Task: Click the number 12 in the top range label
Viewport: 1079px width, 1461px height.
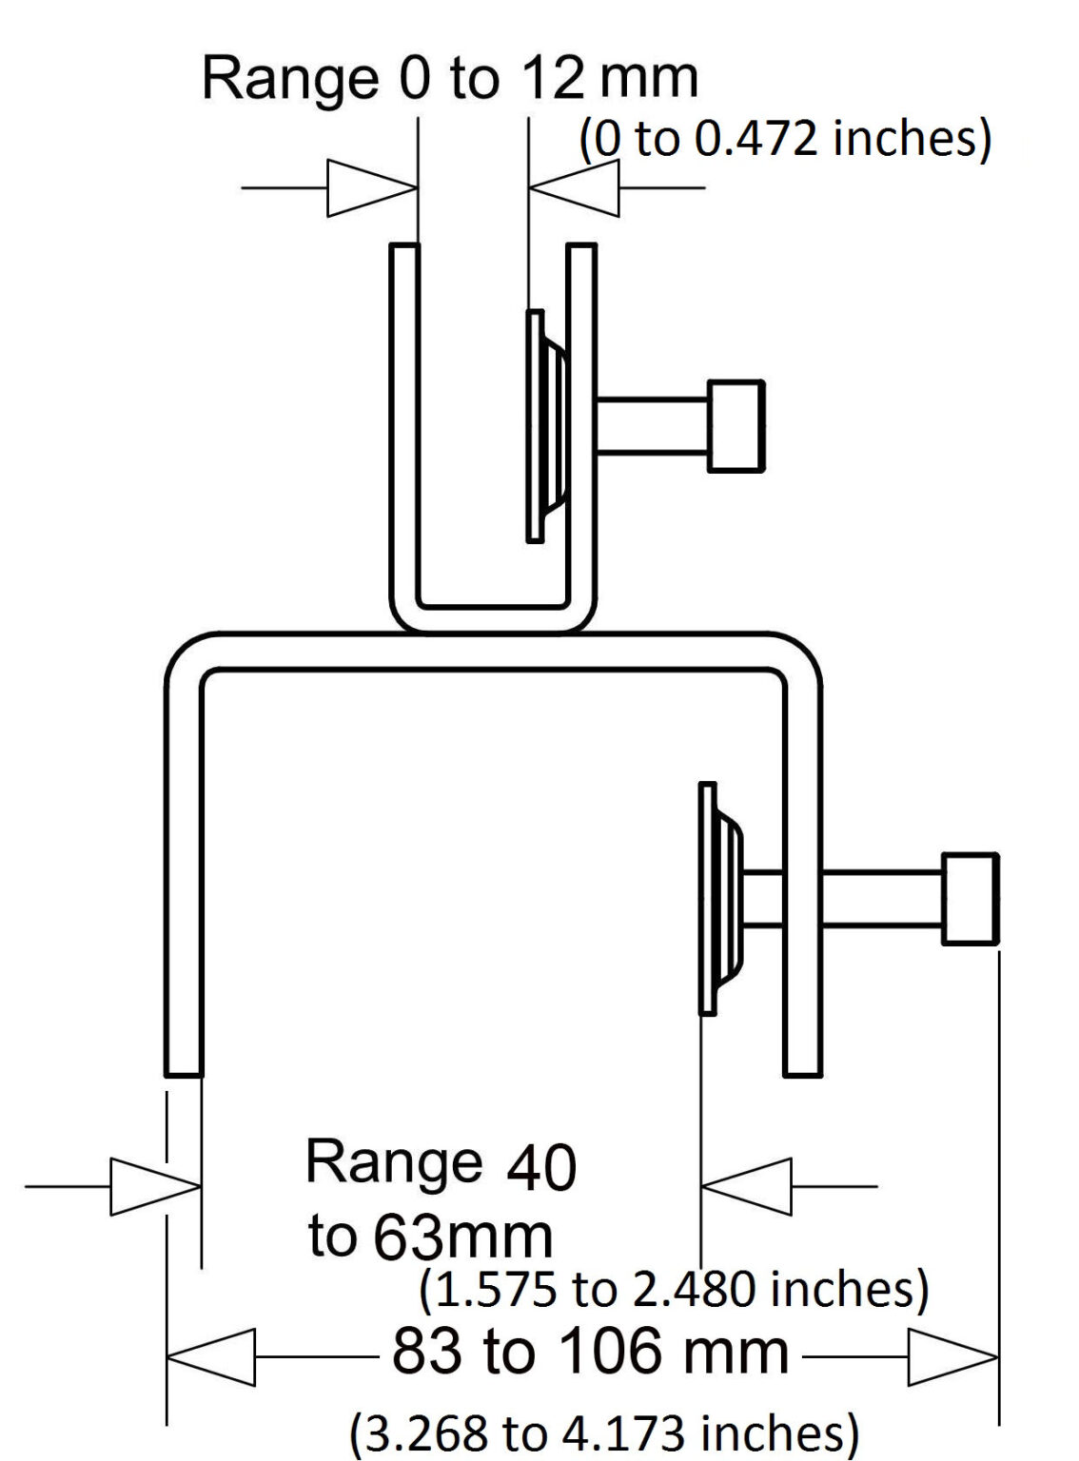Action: point(552,78)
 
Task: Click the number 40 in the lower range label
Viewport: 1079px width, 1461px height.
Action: point(541,1167)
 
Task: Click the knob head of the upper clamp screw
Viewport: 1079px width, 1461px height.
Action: point(736,426)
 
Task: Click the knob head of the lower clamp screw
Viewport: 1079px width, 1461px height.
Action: point(970,899)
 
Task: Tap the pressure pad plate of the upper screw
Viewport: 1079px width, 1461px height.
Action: point(536,426)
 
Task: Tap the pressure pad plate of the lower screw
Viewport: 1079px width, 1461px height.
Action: point(707,899)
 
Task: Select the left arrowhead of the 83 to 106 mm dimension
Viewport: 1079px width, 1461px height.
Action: point(211,1356)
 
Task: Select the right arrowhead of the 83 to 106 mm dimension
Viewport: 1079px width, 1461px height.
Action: point(952,1356)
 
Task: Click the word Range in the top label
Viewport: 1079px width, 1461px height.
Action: point(290,78)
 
